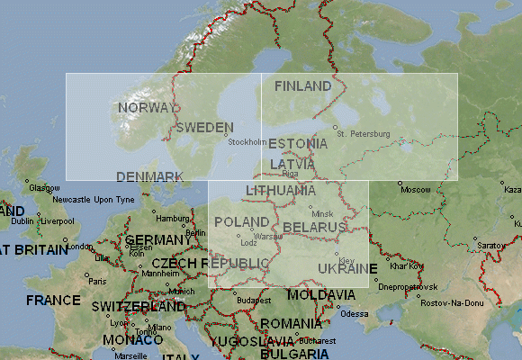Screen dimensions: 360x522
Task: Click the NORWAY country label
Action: (x=143, y=108)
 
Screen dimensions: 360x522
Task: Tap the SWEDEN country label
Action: (x=205, y=128)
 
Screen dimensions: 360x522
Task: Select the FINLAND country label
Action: (x=302, y=86)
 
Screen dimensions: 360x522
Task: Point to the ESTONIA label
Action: (x=298, y=144)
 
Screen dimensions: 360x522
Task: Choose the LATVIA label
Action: (x=292, y=164)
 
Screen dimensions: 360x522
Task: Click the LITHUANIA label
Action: (x=281, y=191)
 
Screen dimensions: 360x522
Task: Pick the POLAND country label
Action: (x=241, y=221)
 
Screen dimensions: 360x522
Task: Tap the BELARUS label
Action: (x=314, y=227)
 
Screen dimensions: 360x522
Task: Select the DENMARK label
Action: (x=150, y=176)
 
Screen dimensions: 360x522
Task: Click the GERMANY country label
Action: (x=154, y=240)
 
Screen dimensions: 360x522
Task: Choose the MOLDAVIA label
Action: (x=322, y=295)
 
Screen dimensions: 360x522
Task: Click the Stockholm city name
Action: (x=247, y=142)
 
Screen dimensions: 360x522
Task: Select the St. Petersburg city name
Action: (x=363, y=134)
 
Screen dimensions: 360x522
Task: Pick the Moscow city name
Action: (x=415, y=190)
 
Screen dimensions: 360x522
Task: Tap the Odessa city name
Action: (x=355, y=314)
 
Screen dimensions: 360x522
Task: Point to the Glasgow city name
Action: (x=44, y=188)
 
